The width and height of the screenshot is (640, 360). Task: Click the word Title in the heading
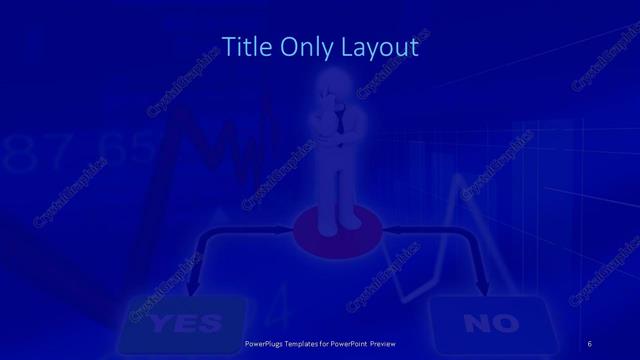[x=243, y=46]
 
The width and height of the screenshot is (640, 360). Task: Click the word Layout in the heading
[x=379, y=46]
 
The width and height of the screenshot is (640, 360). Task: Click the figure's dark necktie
[x=341, y=125]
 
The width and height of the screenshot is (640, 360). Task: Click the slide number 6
[x=589, y=344]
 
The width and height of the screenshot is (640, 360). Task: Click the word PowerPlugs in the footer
[x=269, y=345]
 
